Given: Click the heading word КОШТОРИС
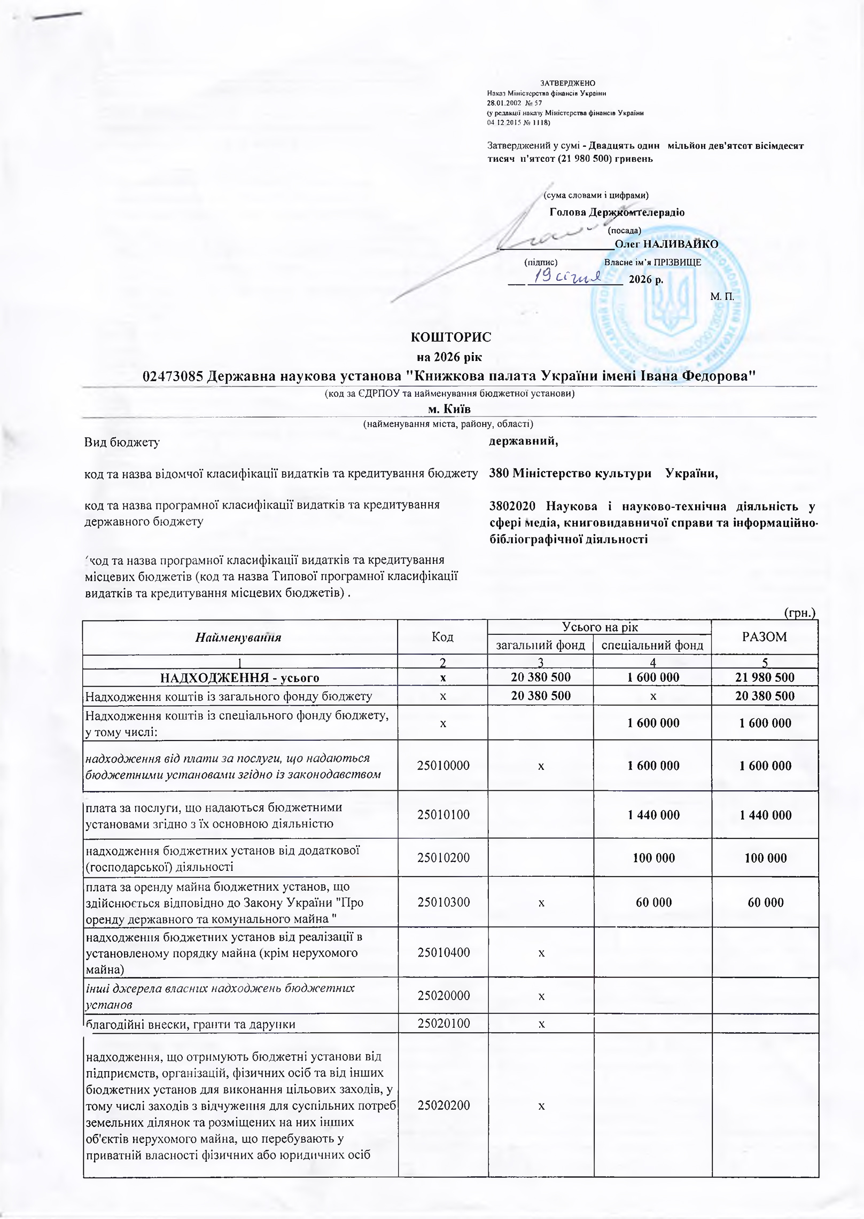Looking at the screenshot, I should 450,337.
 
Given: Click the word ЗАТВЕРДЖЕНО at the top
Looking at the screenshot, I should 567,83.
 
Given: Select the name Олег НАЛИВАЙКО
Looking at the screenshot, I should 666,244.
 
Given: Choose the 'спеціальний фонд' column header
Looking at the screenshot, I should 652,645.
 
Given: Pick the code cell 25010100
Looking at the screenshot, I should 442,814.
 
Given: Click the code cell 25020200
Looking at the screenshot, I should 442,1105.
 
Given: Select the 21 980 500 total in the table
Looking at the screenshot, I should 766,678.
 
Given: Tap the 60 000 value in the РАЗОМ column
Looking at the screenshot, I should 766,902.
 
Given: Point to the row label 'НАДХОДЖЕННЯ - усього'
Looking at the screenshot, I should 240,678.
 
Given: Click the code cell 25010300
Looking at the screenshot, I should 442,902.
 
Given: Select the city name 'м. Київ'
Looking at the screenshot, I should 449,408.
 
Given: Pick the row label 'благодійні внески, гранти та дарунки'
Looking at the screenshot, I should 191,1024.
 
